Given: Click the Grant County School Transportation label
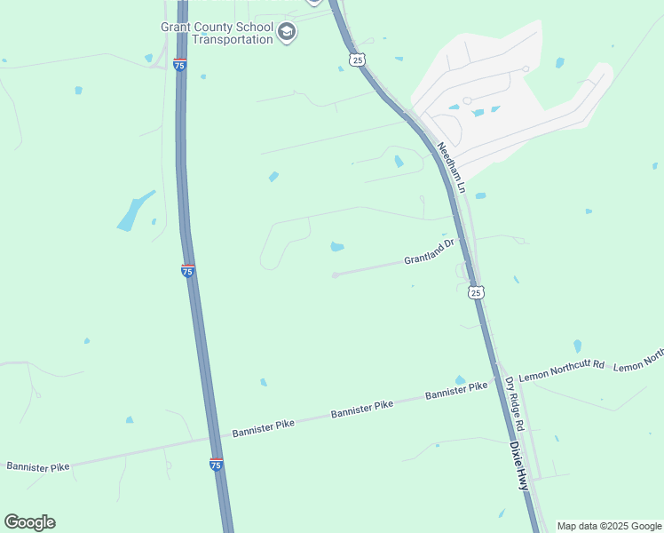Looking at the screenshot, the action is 217,33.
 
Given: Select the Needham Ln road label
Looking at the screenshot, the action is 450,167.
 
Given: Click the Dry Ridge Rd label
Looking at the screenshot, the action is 515,404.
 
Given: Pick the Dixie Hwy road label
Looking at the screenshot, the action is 519,465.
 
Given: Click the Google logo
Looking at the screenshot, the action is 29,522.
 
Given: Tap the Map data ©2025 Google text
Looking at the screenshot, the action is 609,526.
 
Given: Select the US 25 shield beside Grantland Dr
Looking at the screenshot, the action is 477,291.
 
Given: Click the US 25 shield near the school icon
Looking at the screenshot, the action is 356,59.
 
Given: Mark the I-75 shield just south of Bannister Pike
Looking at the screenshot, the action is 217,463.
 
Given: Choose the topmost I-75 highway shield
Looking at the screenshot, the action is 179,66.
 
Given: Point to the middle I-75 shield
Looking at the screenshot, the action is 187,271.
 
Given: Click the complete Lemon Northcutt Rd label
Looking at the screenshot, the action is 561,372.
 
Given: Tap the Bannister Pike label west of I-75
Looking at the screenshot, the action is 37,465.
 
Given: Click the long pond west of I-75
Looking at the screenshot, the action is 134,211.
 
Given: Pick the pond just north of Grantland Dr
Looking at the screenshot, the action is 337,246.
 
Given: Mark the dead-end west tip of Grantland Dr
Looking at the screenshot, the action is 335,275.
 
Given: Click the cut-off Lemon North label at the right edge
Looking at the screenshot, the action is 639,360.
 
